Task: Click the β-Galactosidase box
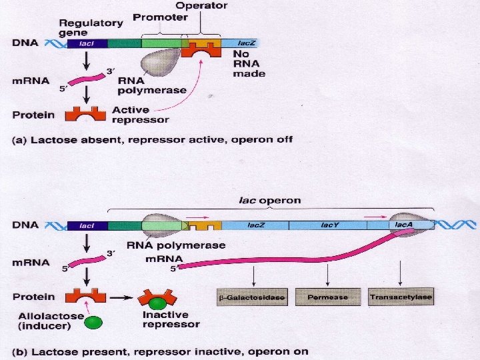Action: [x=252, y=297]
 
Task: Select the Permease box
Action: [x=327, y=297]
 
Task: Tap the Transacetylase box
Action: [x=401, y=297]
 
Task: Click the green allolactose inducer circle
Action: [x=93, y=323]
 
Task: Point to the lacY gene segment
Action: [x=329, y=226]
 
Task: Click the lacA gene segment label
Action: [x=403, y=226]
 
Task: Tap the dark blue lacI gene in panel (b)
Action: [x=87, y=226]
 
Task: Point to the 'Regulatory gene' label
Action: [x=91, y=27]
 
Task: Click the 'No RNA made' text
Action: [x=248, y=63]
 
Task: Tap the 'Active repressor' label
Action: [x=140, y=115]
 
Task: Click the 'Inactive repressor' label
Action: [x=171, y=319]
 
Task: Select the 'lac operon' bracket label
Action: [x=270, y=200]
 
